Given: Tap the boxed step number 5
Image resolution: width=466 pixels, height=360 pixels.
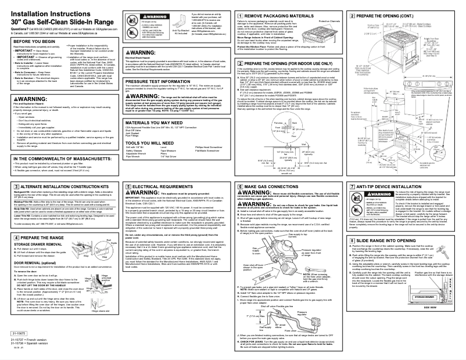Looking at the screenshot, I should coord(128,187).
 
